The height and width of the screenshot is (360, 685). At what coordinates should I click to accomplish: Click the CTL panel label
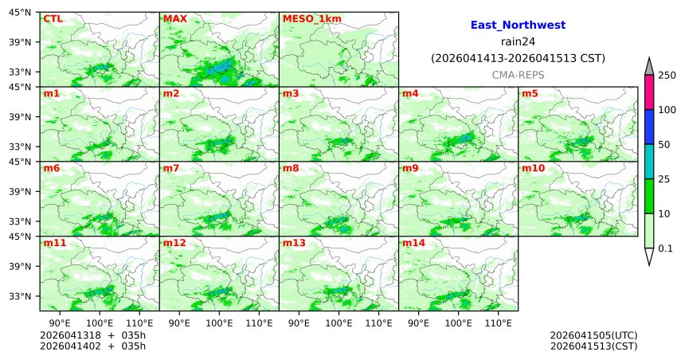[53, 19]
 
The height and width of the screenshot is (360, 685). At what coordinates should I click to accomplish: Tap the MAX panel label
[174, 19]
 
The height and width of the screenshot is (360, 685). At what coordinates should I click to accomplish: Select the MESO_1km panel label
[306, 19]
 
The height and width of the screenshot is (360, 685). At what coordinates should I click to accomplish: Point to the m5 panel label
[530, 94]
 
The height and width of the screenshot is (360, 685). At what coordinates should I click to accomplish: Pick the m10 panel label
[533, 169]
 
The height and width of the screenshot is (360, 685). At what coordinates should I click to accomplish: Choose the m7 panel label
[171, 169]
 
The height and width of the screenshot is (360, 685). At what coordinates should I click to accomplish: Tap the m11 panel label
[54, 244]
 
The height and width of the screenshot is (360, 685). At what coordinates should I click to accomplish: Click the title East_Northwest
[518, 25]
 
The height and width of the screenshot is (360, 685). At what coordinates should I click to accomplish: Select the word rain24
[518, 41]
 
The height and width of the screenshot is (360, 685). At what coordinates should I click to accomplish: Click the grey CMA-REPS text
[518, 74]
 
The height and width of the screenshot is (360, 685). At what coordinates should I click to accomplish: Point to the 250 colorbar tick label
[667, 76]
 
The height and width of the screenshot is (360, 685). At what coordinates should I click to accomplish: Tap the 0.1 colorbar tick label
[665, 248]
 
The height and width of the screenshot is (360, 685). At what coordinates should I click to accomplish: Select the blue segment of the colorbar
[649, 127]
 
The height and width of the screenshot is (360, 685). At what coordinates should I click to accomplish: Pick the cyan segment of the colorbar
[649, 162]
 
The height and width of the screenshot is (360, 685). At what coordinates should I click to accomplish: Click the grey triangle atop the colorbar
[649, 67]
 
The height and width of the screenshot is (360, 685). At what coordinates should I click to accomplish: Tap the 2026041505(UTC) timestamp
[593, 335]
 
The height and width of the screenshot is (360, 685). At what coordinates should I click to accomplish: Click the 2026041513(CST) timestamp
[593, 346]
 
